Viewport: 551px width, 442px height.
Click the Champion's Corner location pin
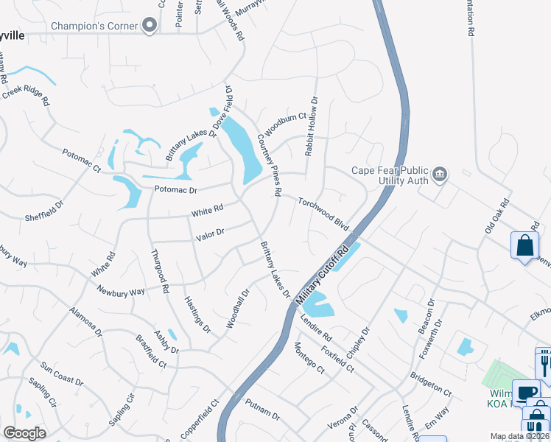(150, 27)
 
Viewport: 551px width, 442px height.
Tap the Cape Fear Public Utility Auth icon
(440, 174)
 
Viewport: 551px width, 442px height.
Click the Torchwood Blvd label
(323, 212)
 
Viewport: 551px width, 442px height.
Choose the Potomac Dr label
(176, 189)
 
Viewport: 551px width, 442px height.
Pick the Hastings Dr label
(197, 312)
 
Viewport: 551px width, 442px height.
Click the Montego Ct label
(308, 358)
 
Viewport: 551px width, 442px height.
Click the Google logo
(24, 433)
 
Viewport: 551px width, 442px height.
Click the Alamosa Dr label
(85, 321)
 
